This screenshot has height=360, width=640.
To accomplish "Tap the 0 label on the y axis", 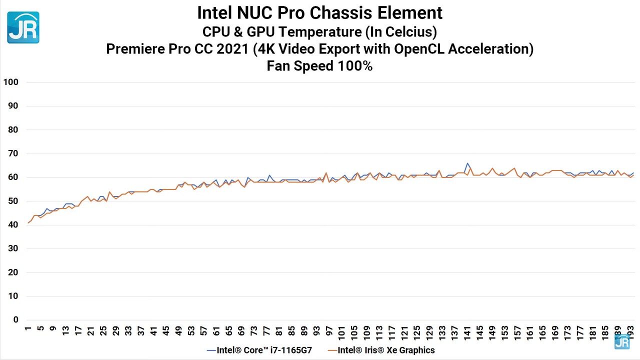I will click(15, 320).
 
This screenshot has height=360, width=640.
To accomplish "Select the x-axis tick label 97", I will click(329, 331).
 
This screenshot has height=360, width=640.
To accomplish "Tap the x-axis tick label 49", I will click(178, 331).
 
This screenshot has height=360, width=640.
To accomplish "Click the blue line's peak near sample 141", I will click(467, 163).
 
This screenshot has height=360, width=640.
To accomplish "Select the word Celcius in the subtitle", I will click(409, 32).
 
